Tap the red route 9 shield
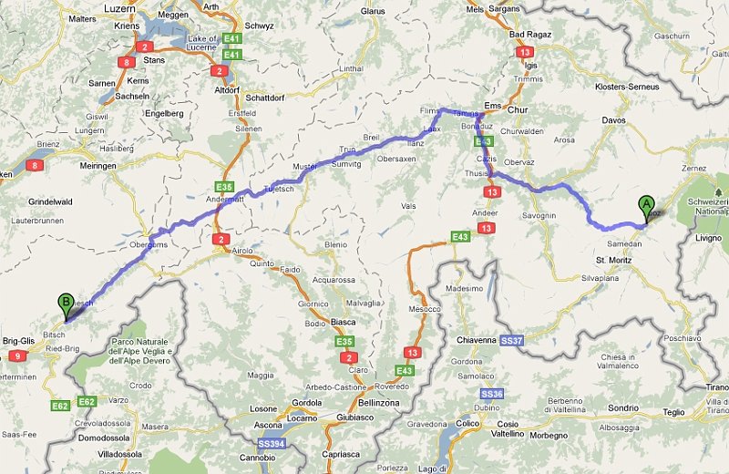[18, 355]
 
